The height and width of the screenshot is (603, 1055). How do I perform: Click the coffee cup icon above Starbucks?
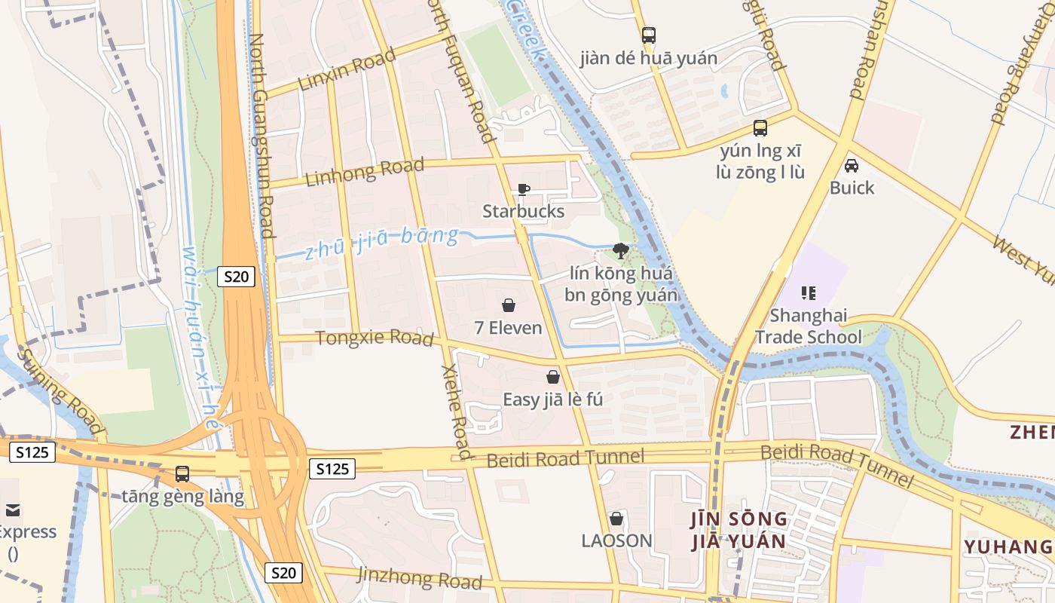click(524, 189)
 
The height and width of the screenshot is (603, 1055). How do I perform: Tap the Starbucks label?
click(524, 211)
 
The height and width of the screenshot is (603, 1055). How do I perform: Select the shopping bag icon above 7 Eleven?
click(509, 305)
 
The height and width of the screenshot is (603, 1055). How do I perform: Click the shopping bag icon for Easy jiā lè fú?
click(553, 377)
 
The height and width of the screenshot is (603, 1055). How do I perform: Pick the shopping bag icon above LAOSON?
click(616, 519)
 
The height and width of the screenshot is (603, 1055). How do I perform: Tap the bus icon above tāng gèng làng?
click(182, 474)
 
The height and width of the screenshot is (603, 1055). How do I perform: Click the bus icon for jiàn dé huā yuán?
click(648, 35)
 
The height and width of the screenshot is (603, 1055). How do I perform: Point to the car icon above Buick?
click(852, 166)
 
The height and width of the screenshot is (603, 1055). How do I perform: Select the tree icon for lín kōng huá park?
click(621, 250)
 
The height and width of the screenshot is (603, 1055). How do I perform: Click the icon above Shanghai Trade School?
click(809, 292)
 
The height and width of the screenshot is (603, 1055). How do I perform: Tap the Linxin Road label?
click(347, 69)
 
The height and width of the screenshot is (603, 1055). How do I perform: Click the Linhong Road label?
click(365, 171)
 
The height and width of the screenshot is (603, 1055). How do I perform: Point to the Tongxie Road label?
click(375, 338)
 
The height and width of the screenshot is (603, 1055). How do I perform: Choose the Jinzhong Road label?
click(420, 577)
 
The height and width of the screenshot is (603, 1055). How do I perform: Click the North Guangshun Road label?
click(261, 136)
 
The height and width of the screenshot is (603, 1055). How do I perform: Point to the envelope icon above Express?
click(12, 510)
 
